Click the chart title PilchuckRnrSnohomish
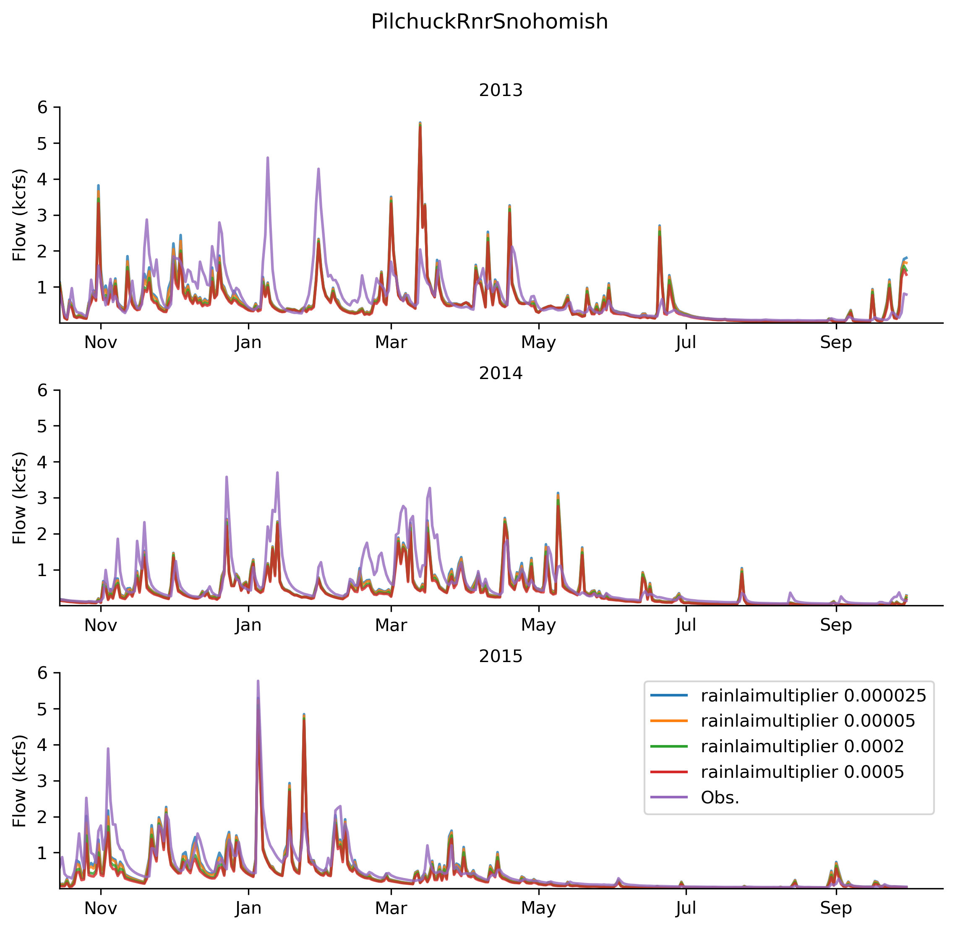pyautogui.click(x=489, y=22)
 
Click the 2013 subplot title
pyautogui.click(x=501, y=91)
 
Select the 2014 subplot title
pyautogui.click(x=501, y=373)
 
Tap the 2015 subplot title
pyautogui.click(x=501, y=656)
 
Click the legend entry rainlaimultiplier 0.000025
pyautogui.click(x=788, y=696)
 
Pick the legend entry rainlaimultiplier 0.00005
pyautogui.click(x=783, y=721)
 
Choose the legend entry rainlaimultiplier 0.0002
pyautogui.click(x=777, y=746)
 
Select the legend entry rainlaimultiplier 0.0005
pyautogui.click(x=777, y=772)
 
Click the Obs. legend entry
pyautogui.click(x=694, y=797)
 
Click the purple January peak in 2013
pyautogui.click(x=268, y=157)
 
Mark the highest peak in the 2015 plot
pyautogui.click(x=258, y=681)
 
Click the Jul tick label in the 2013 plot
pyautogui.click(x=686, y=343)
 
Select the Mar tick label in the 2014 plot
pyautogui.click(x=391, y=625)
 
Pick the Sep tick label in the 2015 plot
pyautogui.click(x=836, y=908)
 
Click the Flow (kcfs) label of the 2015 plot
pyautogui.click(x=20, y=781)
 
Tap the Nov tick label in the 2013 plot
pyautogui.click(x=101, y=343)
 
